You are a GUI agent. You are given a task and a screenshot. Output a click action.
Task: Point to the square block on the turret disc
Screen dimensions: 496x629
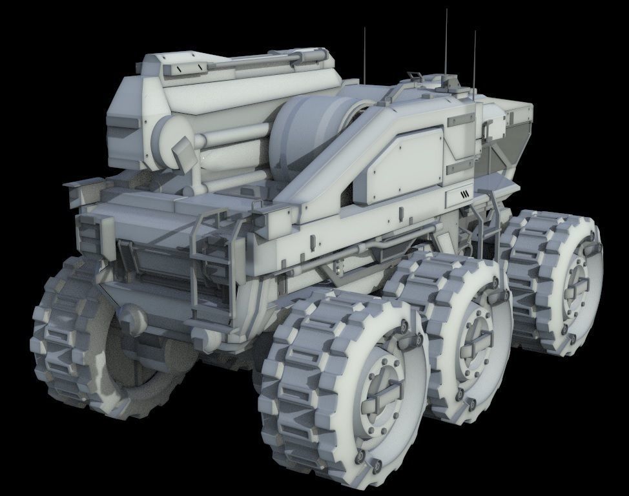point(183,153)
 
